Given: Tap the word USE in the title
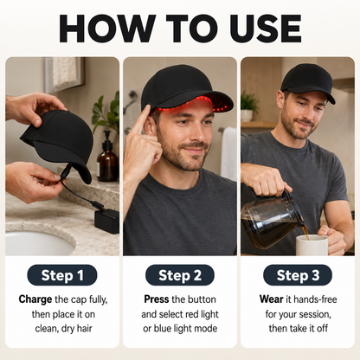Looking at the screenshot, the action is (266, 29).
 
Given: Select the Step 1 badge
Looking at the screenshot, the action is (62, 275).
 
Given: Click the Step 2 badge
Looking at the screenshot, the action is (180, 275).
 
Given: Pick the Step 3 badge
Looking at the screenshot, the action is (298, 275).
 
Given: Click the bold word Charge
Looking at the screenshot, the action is (35, 299).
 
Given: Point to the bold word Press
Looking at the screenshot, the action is (157, 299).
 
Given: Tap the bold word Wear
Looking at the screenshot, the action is (271, 299).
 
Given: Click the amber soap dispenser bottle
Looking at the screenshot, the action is (107, 157).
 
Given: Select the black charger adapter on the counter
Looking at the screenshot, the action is (106, 221).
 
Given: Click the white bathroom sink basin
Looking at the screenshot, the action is (37, 243).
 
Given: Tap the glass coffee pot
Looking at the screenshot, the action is (271, 218).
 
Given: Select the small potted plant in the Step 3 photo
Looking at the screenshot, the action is (248, 106).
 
